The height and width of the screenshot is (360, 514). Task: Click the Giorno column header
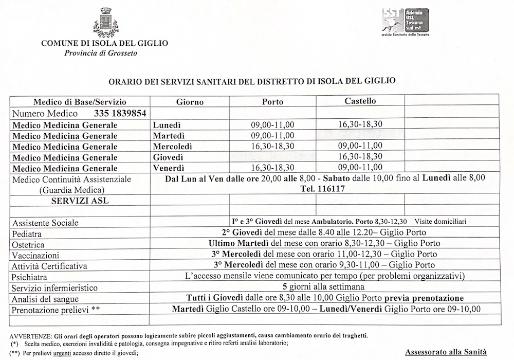(190, 102)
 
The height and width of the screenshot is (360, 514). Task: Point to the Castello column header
(360, 101)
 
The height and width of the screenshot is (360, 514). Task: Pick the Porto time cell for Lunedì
(272, 124)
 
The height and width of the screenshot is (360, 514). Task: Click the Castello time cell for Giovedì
(360, 157)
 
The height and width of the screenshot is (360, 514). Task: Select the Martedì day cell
(168, 136)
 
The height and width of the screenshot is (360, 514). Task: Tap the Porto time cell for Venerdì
(272, 168)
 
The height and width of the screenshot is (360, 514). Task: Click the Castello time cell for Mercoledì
(360, 146)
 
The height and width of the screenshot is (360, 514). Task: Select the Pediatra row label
(29, 233)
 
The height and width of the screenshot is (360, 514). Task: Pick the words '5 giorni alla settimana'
(324, 287)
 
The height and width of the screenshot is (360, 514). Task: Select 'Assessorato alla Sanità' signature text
(446, 352)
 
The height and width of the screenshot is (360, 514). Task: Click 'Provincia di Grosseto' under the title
(94, 53)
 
